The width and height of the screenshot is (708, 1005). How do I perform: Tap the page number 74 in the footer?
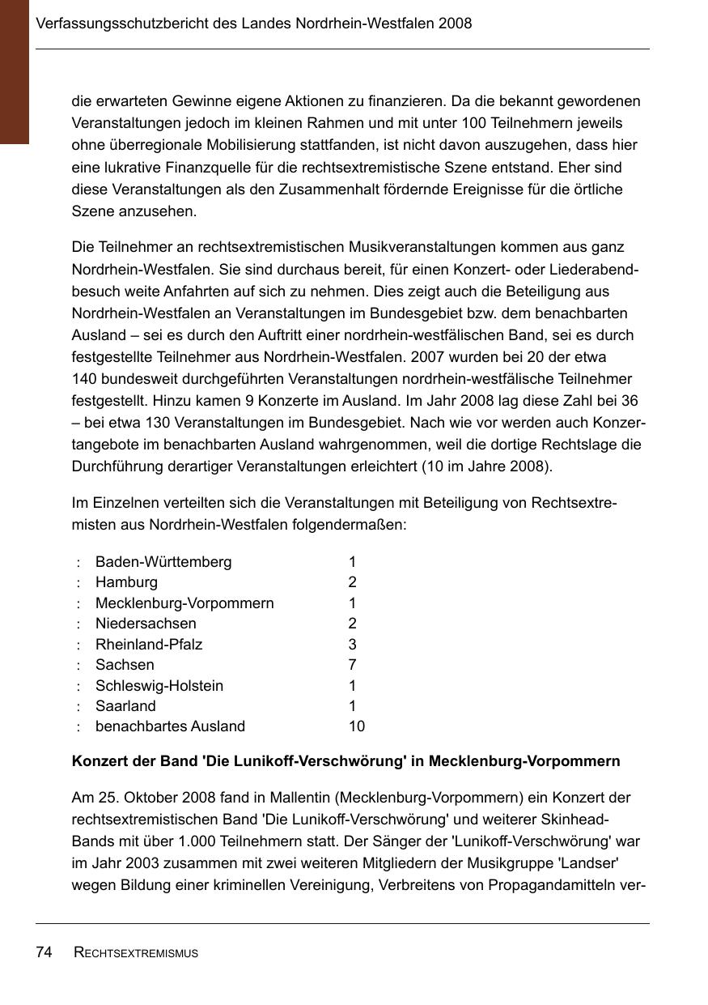click(x=45, y=952)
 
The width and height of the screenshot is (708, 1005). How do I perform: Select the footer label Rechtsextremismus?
click(x=136, y=953)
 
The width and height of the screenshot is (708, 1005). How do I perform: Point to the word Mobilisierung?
click(x=276, y=145)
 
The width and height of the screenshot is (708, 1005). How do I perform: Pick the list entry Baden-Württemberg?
click(x=163, y=562)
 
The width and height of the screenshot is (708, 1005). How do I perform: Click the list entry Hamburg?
click(x=126, y=582)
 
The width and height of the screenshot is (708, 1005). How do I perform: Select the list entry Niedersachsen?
click(x=146, y=624)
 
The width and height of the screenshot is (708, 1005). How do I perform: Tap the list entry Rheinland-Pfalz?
click(x=149, y=645)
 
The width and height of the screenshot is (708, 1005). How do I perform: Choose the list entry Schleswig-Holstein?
click(x=159, y=686)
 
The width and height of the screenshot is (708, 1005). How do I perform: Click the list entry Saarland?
click(x=125, y=706)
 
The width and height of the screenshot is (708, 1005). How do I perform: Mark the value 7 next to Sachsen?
click(x=353, y=665)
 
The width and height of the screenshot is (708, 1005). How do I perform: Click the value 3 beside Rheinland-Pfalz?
click(x=353, y=645)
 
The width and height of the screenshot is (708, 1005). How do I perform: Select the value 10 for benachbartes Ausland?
click(x=357, y=726)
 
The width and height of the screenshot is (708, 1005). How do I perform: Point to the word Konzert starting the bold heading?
click(x=98, y=761)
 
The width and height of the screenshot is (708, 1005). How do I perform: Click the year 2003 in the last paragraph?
click(x=141, y=862)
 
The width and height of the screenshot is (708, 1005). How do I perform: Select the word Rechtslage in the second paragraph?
click(x=579, y=445)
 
